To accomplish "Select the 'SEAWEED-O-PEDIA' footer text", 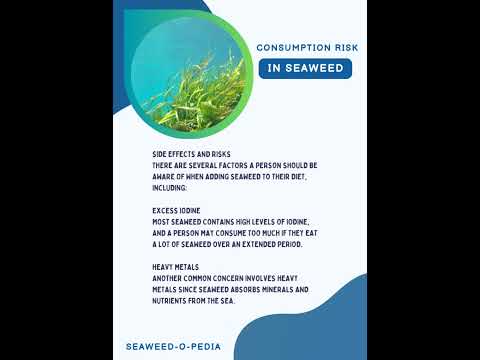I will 180,346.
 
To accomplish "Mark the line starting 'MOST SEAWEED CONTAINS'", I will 231,221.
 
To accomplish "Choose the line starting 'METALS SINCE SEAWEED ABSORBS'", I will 231,289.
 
